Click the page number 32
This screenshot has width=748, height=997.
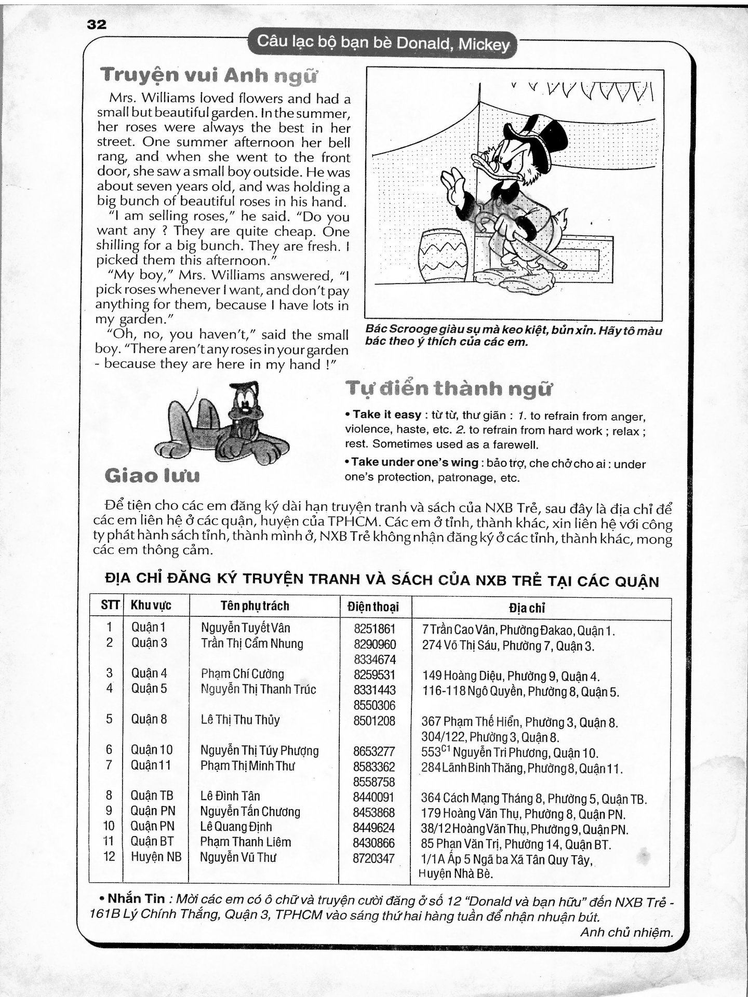click(x=97, y=24)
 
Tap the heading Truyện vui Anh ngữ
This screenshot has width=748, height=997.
click(x=208, y=76)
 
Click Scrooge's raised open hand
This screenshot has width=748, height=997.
click(x=450, y=186)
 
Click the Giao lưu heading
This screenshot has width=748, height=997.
click(x=152, y=476)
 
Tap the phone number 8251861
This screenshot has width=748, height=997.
click(x=375, y=629)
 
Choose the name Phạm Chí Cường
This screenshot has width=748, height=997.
click(x=243, y=674)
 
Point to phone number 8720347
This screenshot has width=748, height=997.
click(x=374, y=858)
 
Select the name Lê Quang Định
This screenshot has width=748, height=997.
click(x=236, y=827)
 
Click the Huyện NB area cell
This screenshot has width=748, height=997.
click(x=156, y=857)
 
